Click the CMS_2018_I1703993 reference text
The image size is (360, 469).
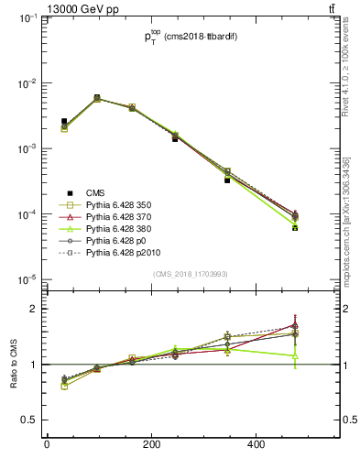click(x=190, y=274)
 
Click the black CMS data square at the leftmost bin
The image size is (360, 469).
click(x=64, y=121)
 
